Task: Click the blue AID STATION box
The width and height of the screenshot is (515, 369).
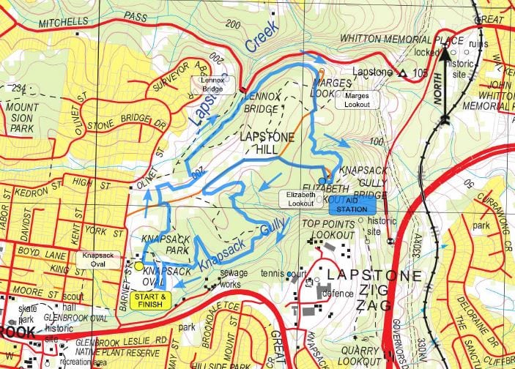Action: [x=351, y=205]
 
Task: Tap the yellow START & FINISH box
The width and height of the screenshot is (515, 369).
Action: [x=152, y=300]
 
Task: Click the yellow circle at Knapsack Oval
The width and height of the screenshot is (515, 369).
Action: [x=139, y=266]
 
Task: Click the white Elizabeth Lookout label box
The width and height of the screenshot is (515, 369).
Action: [x=302, y=199]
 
